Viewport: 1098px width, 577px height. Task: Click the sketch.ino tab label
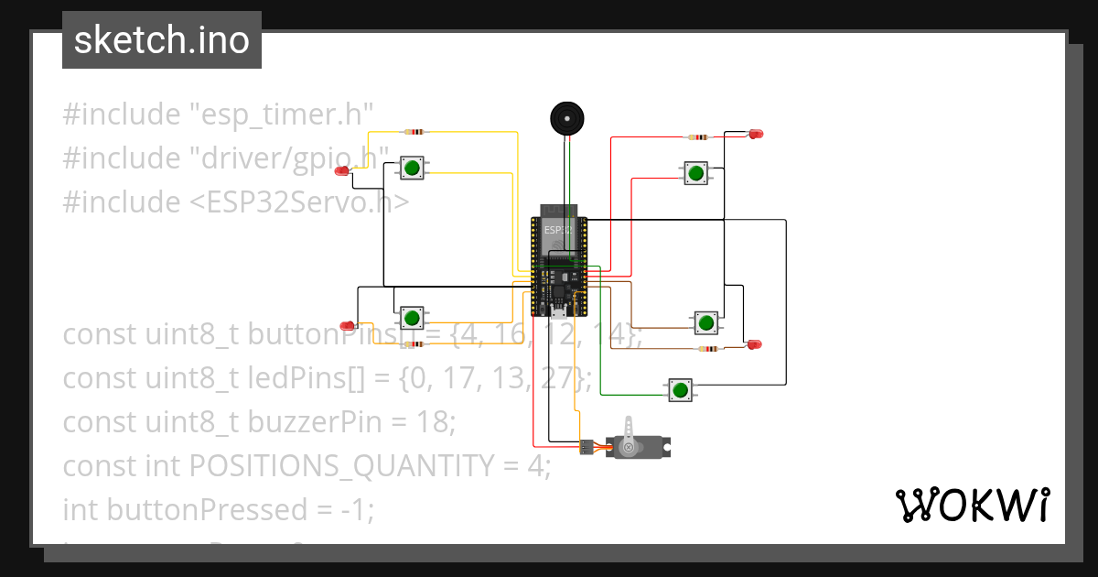point(162,40)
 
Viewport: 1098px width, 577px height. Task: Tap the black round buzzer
point(566,119)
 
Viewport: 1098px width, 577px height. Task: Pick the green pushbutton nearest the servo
point(679,390)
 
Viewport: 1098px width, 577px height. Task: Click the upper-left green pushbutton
point(411,168)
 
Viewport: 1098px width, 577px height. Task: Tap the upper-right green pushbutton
point(695,172)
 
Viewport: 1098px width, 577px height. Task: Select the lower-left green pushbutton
point(412,318)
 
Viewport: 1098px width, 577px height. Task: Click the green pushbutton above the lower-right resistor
point(705,322)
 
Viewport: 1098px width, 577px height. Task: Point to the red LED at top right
point(756,135)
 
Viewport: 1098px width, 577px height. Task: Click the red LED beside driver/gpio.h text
point(342,170)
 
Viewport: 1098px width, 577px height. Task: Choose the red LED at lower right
point(754,344)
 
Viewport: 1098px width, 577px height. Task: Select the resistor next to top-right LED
point(699,137)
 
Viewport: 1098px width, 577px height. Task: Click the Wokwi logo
point(971,506)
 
